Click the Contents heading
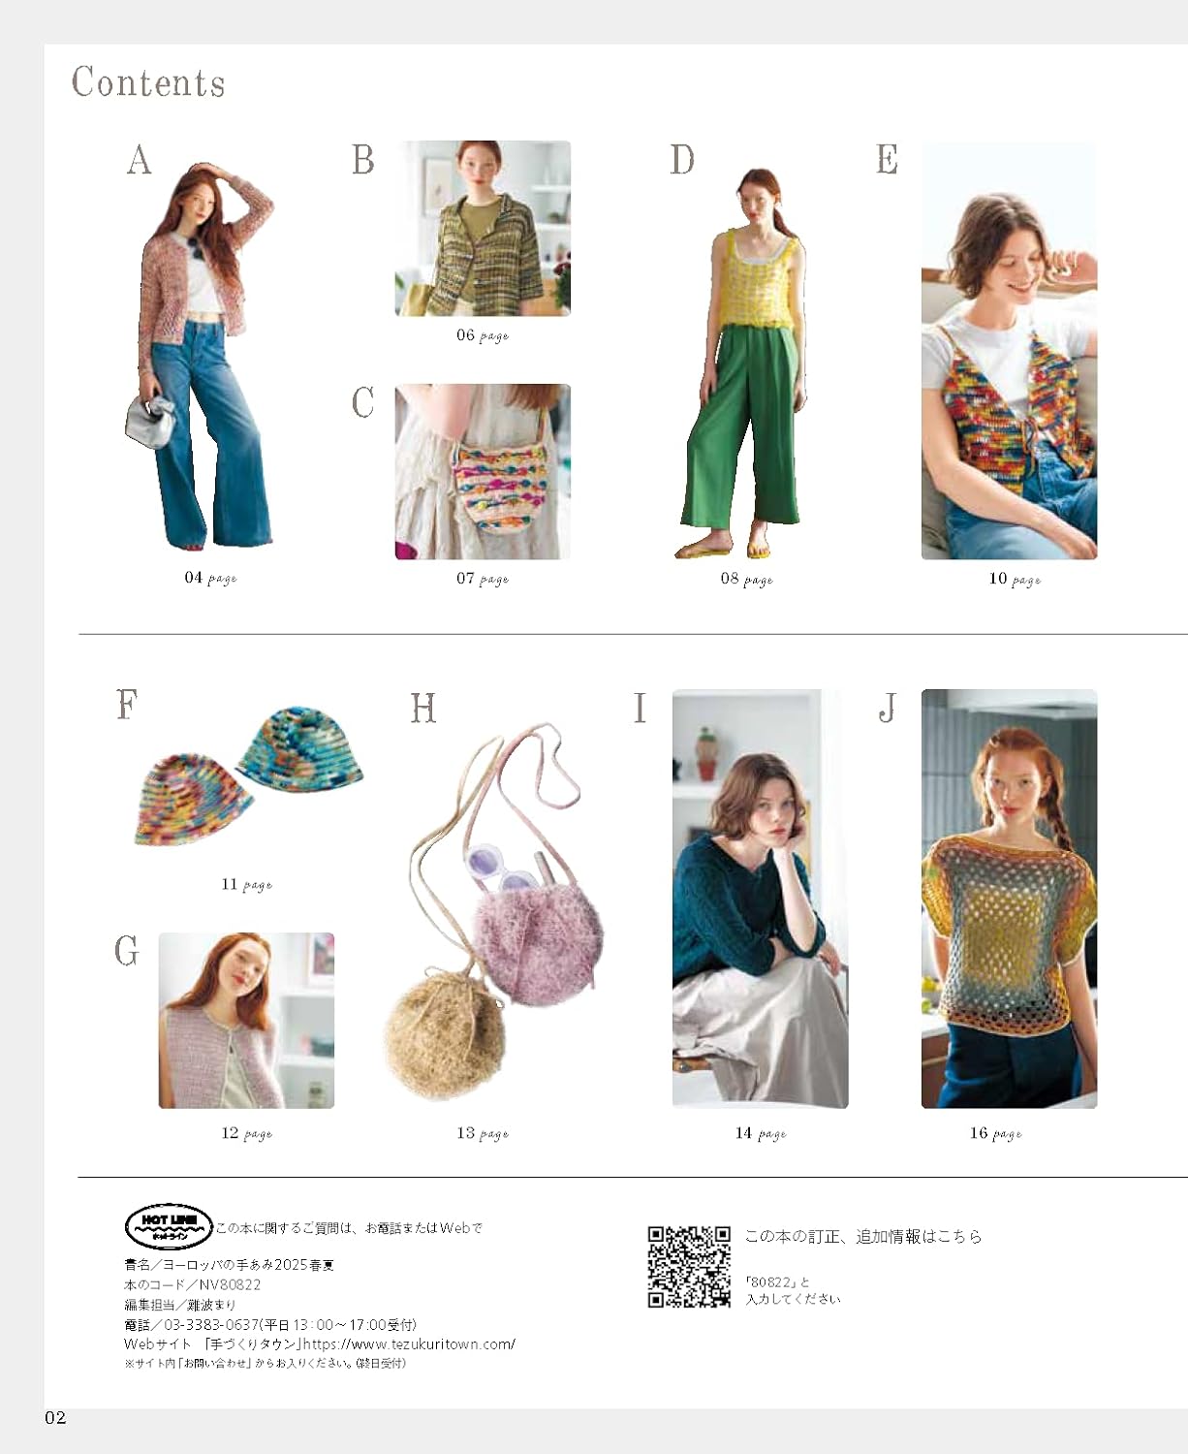pyautogui.click(x=148, y=82)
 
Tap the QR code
pyautogui.click(x=689, y=1267)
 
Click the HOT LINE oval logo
pyautogui.click(x=169, y=1227)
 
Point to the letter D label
pyautogui.click(x=682, y=160)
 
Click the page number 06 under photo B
pyautogui.click(x=466, y=335)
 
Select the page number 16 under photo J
pyautogui.click(x=979, y=1133)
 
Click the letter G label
pyautogui.click(x=127, y=951)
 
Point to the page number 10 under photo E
pyautogui.click(x=998, y=579)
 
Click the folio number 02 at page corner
pyautogui.click(x=55, y=1418)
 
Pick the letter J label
pyautogui.click(x=887, y=708)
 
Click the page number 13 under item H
pyautogui.click(x=466, y=1133)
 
